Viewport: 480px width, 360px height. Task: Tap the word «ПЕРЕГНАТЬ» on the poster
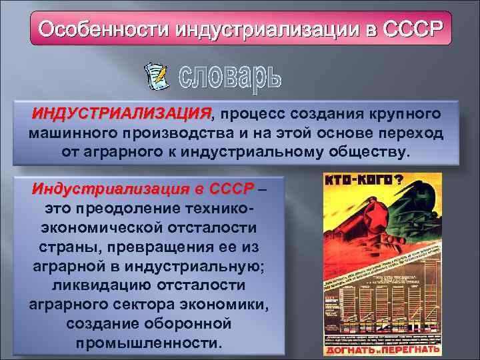[409, 349]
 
